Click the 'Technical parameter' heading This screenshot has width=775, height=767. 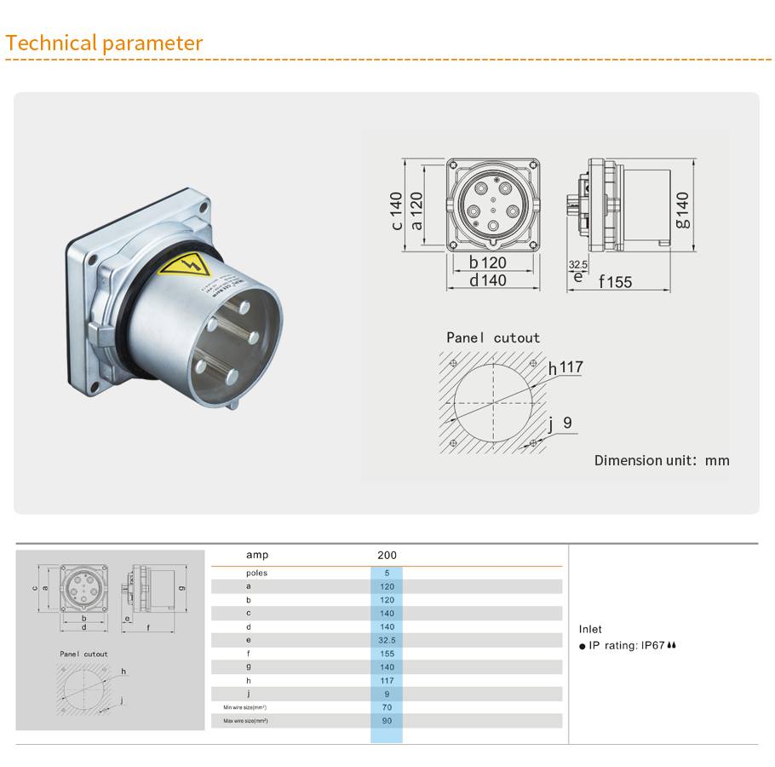[104, 43]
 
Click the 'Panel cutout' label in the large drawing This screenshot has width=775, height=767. [493, 337]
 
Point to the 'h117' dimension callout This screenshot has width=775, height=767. [565, 368]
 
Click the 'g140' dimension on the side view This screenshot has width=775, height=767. [682, 210]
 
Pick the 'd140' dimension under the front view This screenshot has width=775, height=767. [487, 280]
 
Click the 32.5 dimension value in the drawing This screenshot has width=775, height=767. [578, 265]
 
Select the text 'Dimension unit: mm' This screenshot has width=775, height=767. [662, 460]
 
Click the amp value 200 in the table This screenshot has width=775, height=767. [387, 555]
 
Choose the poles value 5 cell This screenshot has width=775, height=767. [387, 573]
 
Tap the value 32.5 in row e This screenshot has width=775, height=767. [387, 640]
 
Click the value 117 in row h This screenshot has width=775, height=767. [387, 680]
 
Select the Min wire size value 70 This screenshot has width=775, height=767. [387, 707]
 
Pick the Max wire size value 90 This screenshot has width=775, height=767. [387, 721]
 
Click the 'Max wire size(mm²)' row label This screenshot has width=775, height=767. [245, 721]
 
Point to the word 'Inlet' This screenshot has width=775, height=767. [590, 629]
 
